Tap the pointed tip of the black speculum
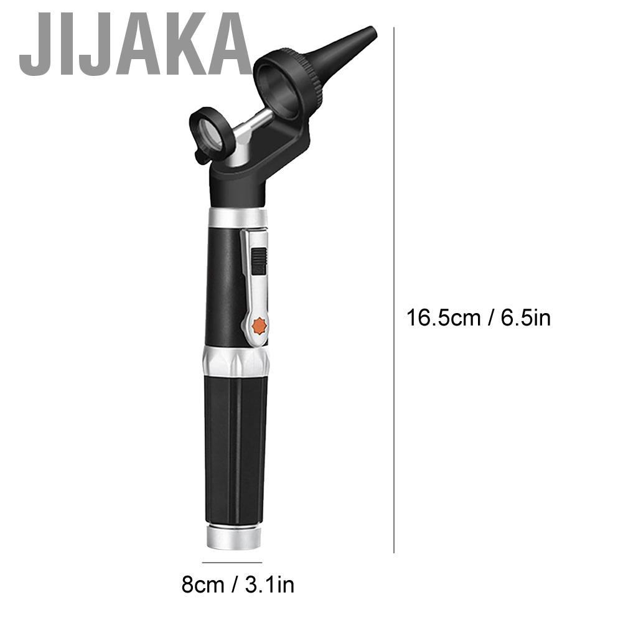click(x=373, y=31)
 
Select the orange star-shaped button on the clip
click(x=260, y=326)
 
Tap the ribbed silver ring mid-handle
click(x=236, y=361)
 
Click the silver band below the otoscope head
click(x=236, y=218)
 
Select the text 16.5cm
click(x=443, y=318)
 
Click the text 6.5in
click(x=525, y=318)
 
